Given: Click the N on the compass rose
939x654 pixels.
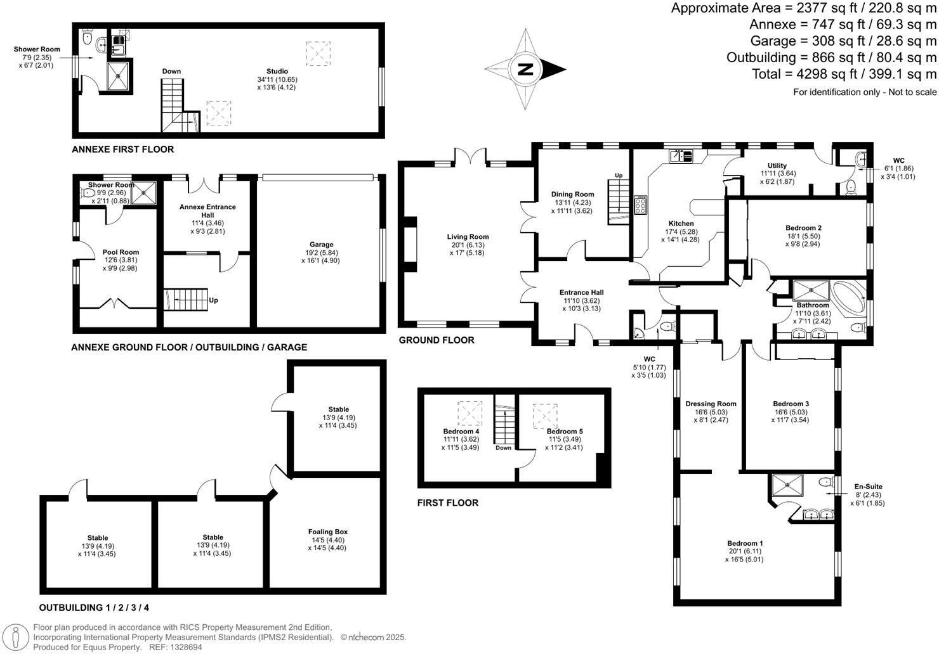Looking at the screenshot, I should tap(525, 69).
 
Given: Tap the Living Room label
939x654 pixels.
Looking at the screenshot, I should tap(468, 237).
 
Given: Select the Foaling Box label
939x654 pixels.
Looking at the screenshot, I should tap(328, 532).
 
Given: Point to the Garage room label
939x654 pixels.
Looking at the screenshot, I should tap(322, 245).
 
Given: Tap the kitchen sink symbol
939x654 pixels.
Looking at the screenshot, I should tap(682, 155).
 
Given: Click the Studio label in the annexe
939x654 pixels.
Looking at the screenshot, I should tap(277, 72).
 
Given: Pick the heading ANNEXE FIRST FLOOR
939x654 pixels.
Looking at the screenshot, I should tap(122, 150).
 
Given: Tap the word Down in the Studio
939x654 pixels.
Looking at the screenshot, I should tap(171, 72).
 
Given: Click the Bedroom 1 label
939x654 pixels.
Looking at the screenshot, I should tap(745, 543).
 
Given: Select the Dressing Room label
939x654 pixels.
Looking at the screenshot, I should tap(711, 404).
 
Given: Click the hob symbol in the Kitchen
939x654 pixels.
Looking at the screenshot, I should tap(640, 204).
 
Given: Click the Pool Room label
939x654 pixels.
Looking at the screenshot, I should tap(121, 252).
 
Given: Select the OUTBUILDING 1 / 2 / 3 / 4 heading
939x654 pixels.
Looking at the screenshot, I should tap(95, 608).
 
